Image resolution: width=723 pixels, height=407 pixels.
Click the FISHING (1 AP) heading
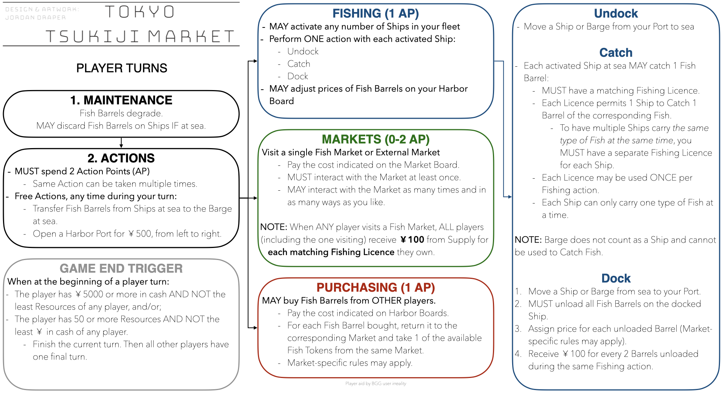pyautogui.click(x=375, y=14)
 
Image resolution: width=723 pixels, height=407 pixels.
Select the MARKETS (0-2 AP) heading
pyautogui.click(x=375, y=139)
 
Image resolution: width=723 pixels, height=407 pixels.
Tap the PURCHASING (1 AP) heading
pyautogui.click(x=375, y=288)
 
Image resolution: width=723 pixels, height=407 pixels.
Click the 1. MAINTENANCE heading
pyautogui.click(x=121, y=100)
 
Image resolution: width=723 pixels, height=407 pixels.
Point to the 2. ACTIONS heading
pyautogui.click(x=121, y=158)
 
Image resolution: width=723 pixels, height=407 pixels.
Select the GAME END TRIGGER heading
pyautogui.click(x=121, y=268)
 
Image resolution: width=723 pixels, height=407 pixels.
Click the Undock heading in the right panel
pyautogui.click(x=616, y=14)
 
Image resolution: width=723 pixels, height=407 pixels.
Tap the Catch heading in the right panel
pyautogui.click(x=616, y=53)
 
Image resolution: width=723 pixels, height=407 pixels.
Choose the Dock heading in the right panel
pyautogui.click(x=616, y=278)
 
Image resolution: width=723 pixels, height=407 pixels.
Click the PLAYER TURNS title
pyautogui.click(x=122, y=68)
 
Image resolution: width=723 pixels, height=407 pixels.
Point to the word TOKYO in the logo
pyautogui.click(x=140, y=12)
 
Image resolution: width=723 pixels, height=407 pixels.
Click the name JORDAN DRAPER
pyautogui.click(x=35, y=18)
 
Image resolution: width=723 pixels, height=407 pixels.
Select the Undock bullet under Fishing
pyautogui.click(x=303, y=52)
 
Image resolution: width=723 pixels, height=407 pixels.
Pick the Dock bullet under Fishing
pyautogui.click(x=297, y=77)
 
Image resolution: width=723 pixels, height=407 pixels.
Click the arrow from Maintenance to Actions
pyautogui.click(x=121, y=143)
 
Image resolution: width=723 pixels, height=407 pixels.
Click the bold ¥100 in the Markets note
pyautogui.click(x=412, y=240)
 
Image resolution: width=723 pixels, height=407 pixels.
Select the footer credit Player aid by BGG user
pyautogui.click(x=375, y=384)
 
